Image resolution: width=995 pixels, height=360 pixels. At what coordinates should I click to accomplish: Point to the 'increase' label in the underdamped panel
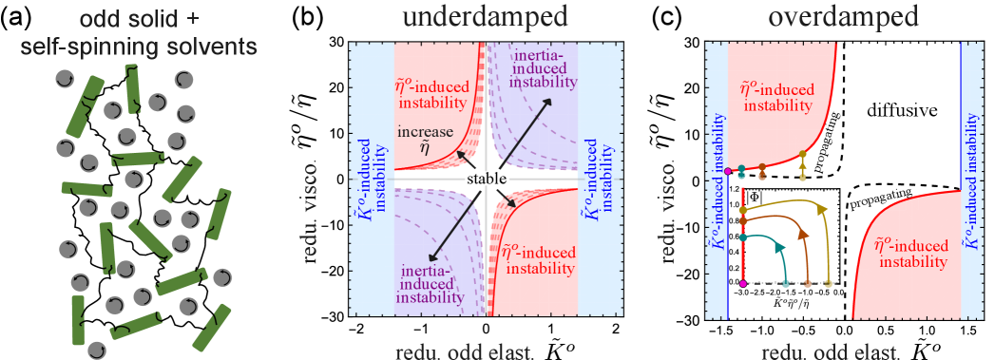(x=425, y=132)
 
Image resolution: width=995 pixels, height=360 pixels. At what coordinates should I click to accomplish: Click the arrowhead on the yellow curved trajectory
(x=822, y=209)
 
